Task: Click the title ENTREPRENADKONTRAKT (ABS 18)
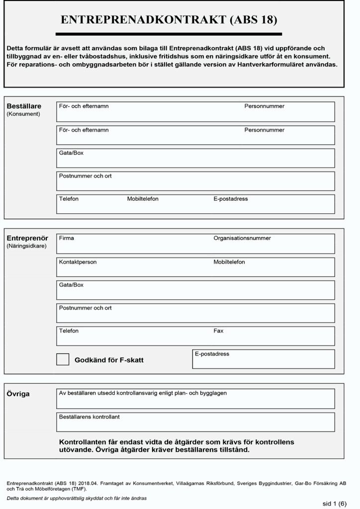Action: coord(169,20)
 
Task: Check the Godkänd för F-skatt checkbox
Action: coord(63,359)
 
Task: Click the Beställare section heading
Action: coord(24,106)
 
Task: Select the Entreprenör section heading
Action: coord(27,238)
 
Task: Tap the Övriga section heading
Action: coord(18,394)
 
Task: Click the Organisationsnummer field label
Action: coord(242,238)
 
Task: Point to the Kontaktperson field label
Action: coord(78,262)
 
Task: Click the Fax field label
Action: coord(219,331)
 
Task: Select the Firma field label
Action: coord(66,238)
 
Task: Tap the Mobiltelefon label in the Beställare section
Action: coord(143,199)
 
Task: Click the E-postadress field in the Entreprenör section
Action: coord(264,362)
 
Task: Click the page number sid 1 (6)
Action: coord(335,503)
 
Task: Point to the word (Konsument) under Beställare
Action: coord(23,114)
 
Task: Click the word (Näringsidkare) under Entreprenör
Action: coord(26,246)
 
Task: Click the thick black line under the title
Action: coord(169,34)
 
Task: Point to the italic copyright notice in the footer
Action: coord(77,498)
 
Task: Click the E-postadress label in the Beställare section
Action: coord(231,199)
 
